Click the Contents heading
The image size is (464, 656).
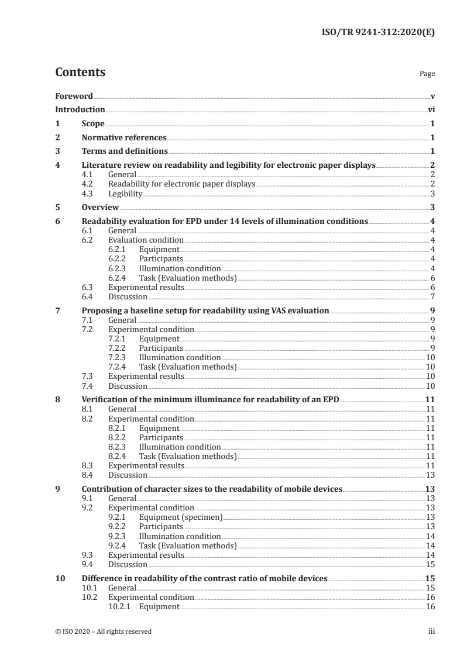pyautogui.click(x=80, y=73)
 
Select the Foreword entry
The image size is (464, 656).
pyautogui.click(x=74, y=96)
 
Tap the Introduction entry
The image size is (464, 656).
pyautogui.click(x=80, y=109)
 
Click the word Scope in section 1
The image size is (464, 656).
pyautogui.click(x=93, y=123)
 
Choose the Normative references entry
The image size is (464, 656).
pyautogui.click(x=124, y=137)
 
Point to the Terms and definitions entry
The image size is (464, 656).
pyautogui.click(x=123, y=151)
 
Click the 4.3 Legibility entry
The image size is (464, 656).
pyautogui.click(x=125, y=194)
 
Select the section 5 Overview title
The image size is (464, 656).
pyautogui.click(x=100, y=208)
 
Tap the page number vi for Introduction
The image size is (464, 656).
pyautogui.click(x=431, y=109)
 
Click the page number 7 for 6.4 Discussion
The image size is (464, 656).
pyautogui.click(x=432, y=297)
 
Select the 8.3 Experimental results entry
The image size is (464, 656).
pyautogui.click(x=146, y=465)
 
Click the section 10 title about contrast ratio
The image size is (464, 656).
pyautogui.click(x=204, y=579)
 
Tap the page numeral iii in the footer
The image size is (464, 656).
pyautogui.click(x=431, y=631)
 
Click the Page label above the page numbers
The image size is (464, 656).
pyautogui.click(x=427, y=74)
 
